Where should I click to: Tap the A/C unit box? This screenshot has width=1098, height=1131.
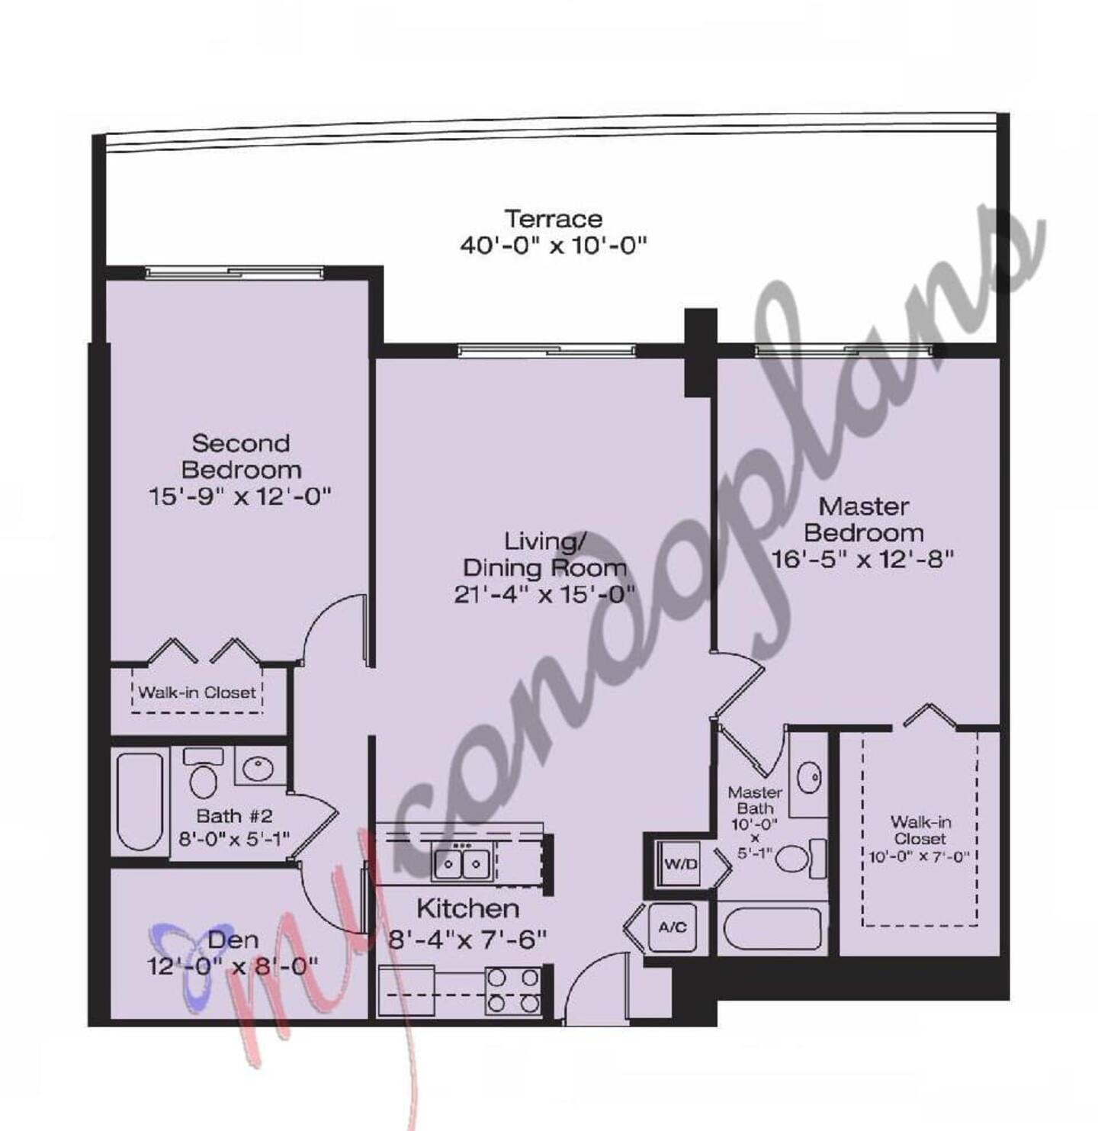pos(672,927)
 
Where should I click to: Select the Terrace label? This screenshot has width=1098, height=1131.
pos(553,219)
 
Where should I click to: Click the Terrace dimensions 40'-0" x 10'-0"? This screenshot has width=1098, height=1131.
pos(553,246)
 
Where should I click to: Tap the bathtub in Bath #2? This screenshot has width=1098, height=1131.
pos(140,802)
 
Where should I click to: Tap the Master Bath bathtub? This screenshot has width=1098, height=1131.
pos(772,928)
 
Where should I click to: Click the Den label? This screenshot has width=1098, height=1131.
pos(233,940)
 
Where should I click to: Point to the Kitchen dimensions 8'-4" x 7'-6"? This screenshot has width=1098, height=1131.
pos(467,940)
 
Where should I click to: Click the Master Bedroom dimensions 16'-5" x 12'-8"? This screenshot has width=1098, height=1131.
pos(863,560)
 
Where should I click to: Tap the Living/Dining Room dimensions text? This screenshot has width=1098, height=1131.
pos(544,595)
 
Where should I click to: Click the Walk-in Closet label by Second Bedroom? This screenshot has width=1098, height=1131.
pos(197,692)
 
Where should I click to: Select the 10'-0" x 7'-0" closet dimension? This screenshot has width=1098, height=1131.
pos(920,856)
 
